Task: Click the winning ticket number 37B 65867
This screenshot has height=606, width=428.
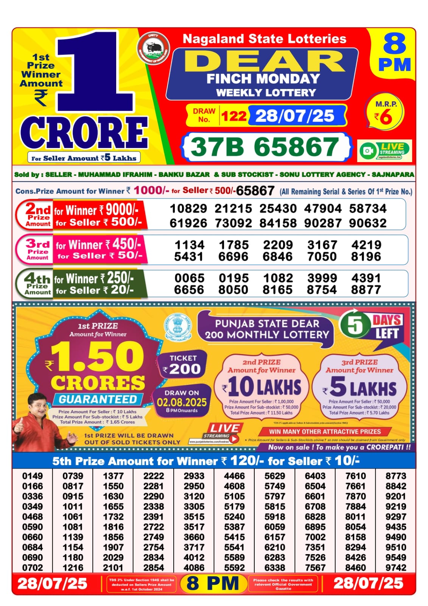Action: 265,147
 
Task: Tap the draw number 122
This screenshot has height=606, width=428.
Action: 233,116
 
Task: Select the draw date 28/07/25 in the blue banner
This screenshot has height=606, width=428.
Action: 295,116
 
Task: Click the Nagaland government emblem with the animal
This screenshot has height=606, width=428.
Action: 153,48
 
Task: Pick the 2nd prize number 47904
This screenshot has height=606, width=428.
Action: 323,209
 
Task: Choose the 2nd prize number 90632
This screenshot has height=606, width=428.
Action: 367,223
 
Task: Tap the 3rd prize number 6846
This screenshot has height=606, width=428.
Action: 277,257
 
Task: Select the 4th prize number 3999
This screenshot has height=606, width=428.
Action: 322,278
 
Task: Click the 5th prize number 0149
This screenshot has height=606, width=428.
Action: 33,476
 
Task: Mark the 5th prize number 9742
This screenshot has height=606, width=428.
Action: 396,567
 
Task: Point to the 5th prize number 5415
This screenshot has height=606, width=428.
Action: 234,537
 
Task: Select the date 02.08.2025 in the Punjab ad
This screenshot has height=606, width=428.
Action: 182,402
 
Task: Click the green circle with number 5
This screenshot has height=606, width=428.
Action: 355,325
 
